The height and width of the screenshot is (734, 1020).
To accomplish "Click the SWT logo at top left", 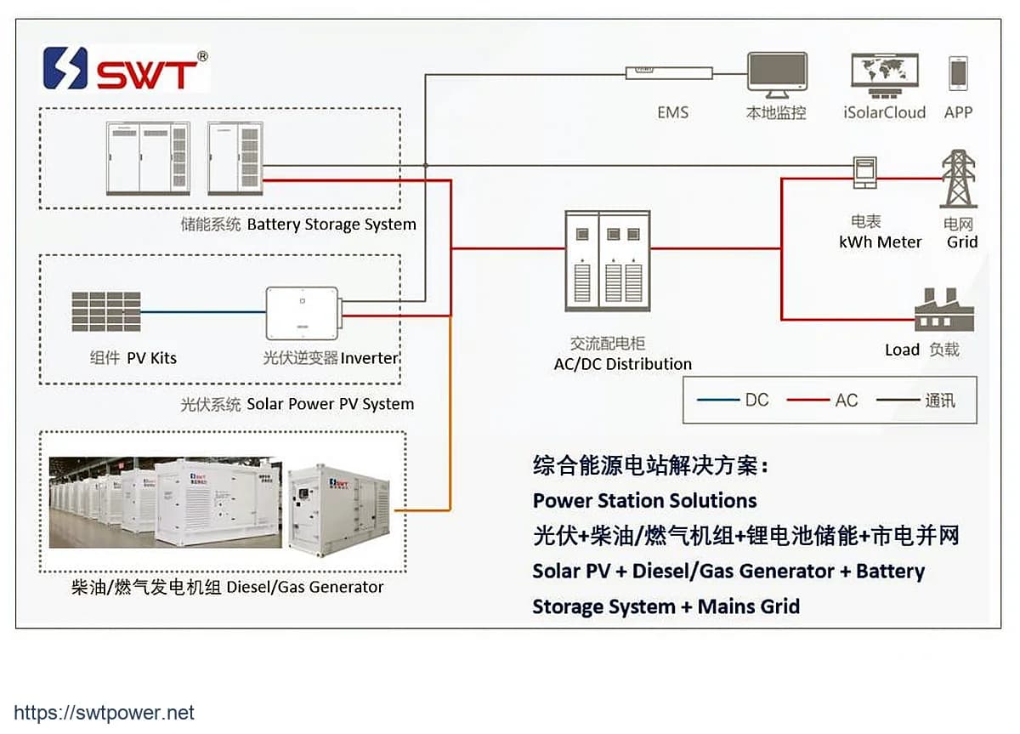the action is (126, 68).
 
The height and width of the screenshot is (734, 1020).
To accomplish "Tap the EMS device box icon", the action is (669, 73).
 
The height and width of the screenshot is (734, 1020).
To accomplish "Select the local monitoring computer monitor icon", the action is (777, 75).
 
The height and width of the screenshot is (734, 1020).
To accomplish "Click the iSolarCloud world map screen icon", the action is (885, 75).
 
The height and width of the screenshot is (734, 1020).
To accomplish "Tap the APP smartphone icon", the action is (958, 73).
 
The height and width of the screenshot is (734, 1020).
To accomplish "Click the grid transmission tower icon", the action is (959, 179).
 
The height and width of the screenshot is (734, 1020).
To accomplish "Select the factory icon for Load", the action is (944, 310).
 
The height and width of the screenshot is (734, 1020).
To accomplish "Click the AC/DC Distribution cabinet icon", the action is (608, 261).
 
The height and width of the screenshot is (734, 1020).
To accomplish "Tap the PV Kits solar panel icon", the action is (106, 311).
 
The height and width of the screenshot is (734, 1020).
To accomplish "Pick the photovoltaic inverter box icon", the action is (303, 313).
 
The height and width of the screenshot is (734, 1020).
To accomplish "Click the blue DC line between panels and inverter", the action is (203, 312).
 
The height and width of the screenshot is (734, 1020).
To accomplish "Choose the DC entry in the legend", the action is (733, 400).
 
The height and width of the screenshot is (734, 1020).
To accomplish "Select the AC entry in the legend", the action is (822, 400).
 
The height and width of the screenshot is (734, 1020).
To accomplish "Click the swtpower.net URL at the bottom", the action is (104, 713).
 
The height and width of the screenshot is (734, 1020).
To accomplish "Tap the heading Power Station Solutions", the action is (645, 501).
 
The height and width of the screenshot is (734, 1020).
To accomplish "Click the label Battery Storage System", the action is (331, 225).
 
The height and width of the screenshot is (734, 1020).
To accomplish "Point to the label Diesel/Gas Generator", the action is (304, 587).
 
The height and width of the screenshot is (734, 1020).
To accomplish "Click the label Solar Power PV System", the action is (330, 404).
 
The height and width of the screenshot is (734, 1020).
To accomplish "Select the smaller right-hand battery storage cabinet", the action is (235, 158).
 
